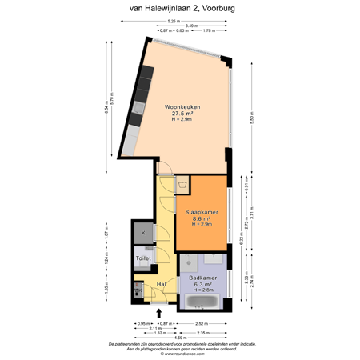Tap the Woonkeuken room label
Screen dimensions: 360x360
click(x=182, y=106)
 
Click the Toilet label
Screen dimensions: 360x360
click(x=143, y=258)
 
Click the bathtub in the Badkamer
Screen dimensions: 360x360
click(x=205, y=302)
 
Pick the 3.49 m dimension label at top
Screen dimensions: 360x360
click(x=190, y=26)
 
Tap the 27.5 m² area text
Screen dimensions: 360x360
click(x=182, y=113)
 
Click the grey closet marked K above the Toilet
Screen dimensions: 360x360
click(x=143, y=233)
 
